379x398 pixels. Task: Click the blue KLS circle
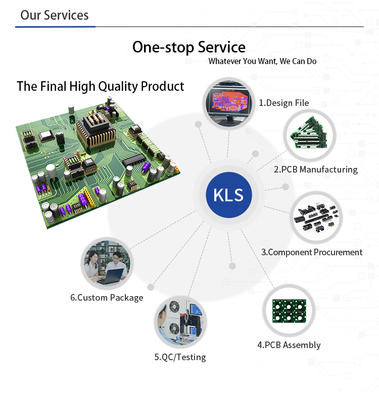(229, 195)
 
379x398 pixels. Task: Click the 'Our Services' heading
(54, 15)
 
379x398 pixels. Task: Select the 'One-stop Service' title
(188, 47)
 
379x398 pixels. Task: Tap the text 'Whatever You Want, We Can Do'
(262, 61)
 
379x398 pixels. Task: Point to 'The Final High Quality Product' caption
(100, 86)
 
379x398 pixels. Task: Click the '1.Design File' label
(283, 103)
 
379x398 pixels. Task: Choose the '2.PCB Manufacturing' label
(315, 169)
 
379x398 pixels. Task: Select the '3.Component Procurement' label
(311, 252)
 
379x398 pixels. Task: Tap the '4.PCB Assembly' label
(289, 345)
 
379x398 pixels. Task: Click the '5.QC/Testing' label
(180, 357)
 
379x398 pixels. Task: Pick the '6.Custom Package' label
(107, 298)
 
